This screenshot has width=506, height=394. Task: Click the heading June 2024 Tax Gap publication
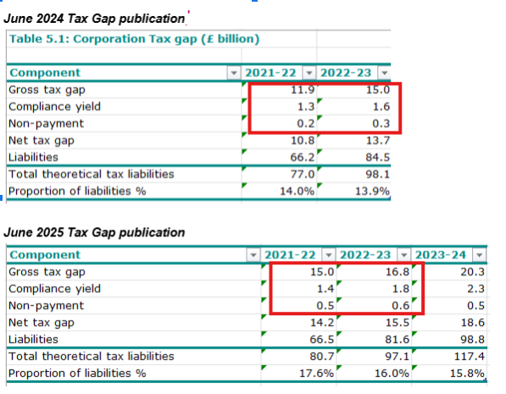[94, 19]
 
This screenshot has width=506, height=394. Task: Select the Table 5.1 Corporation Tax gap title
[134, 39]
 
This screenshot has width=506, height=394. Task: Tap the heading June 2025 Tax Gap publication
[94, 233]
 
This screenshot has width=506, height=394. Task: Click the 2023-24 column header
[441, 255]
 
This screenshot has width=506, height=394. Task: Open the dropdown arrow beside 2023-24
[479, 255]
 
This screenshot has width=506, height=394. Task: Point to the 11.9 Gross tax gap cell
[303, 90]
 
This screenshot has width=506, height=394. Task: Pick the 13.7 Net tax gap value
[377, 141]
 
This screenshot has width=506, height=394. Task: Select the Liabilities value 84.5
[377, 157]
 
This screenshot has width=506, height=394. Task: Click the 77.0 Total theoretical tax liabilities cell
[303, 175]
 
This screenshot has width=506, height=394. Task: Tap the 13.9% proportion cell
[372, 191]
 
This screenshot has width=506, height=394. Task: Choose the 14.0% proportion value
[297, 191]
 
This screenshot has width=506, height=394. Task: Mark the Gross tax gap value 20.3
[472, 272]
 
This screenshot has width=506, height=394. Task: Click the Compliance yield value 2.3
[475, 289]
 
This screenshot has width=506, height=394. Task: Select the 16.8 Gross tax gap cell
[398, 272]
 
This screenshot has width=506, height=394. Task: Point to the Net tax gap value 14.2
[322, 323]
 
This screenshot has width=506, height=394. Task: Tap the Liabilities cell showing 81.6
[398, 340]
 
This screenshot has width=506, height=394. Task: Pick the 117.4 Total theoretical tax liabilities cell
[470, 357]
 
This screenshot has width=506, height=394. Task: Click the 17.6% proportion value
[316, 374]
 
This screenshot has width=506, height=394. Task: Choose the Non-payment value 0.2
[306, 124]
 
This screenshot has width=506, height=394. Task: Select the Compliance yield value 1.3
[306, 107]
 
